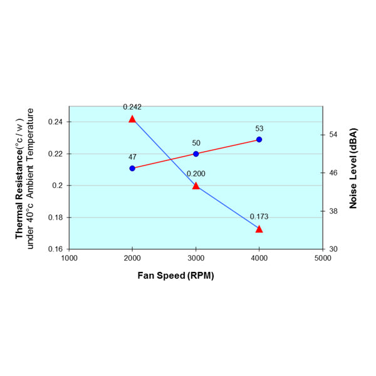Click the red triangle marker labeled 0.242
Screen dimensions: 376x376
(x=132, y=119)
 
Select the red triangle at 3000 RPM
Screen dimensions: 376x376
(x=196, y=185)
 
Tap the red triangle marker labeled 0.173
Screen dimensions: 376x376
(x=259, y=229)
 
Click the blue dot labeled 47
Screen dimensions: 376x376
(x=132, y=168)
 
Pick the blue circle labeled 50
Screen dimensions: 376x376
(x=196, y=154)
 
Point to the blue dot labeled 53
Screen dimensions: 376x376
(x=259, y=139)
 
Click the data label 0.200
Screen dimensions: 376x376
(x=196, y=174)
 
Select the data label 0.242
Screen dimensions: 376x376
(x=132, y=107)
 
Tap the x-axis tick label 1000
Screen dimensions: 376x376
(x=69, y=258)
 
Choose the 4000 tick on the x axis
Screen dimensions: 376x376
(x=259, y=258)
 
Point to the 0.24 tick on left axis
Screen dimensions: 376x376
(x=53, y=122)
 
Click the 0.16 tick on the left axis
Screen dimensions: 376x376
(x=53, y=249)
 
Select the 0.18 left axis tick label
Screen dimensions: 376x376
(x=53, y=217)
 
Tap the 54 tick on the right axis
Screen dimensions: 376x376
(x=333, y=135)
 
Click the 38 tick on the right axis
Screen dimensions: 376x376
(x=333, y=211)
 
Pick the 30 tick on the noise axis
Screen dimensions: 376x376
(x=333, y=249)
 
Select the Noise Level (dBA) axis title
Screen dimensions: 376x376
(x=353, y=168)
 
